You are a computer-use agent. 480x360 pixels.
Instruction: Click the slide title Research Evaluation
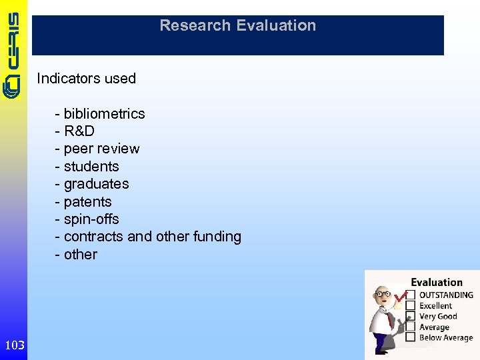237,26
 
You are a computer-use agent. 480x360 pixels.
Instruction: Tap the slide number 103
14,345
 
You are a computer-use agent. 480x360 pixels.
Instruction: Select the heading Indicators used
86,79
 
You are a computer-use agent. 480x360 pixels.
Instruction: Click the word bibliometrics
104,114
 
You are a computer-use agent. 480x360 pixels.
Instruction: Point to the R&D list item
79,131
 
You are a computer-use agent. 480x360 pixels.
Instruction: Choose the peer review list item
101,149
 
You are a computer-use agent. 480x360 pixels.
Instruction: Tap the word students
91,167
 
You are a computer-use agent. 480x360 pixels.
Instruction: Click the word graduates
96,184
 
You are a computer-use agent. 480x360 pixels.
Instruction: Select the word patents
87,202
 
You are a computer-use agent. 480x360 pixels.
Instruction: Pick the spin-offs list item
91,219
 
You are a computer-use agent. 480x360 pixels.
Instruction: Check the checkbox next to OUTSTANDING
411,295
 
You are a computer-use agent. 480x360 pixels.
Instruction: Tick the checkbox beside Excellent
411,305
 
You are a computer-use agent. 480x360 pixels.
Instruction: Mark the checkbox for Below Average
411,338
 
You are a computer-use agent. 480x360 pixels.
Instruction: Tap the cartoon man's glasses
383,294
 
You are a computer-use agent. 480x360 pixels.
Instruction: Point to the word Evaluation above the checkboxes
436,283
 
